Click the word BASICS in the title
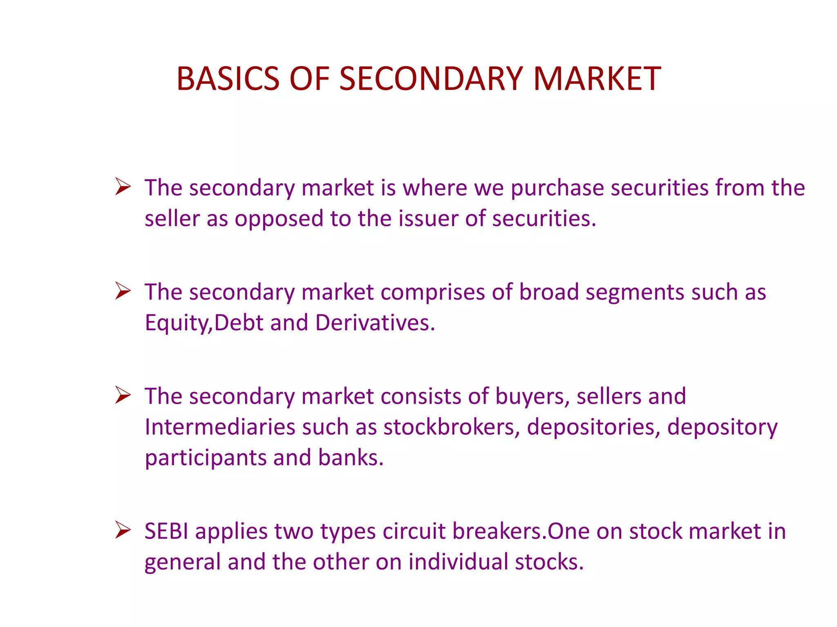pyautogui.click(x=228, y=78)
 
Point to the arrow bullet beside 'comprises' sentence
pyautogui.click(x=123, y=291)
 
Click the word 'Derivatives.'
pyautogui.click(x=375, y=323)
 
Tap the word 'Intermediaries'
pyautogui.click(x=220, y=427)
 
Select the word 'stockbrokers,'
pyautogui.click(x=452, y=427)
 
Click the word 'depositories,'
pyautogui.click(x=593, y=427)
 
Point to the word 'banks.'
pyautogui.click(x=351, y=458)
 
